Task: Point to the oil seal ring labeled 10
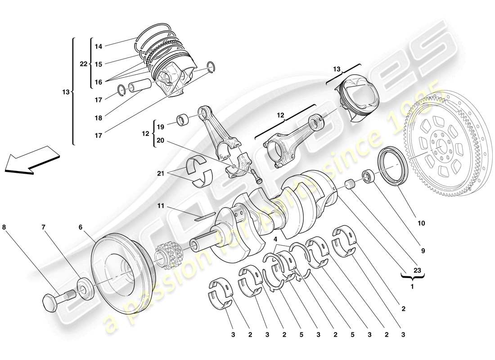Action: [394, 166]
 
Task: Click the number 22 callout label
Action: [84, 64]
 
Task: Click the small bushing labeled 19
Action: [183, 121]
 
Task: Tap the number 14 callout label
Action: [99, 46]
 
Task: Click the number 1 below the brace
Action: [412, 286]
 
